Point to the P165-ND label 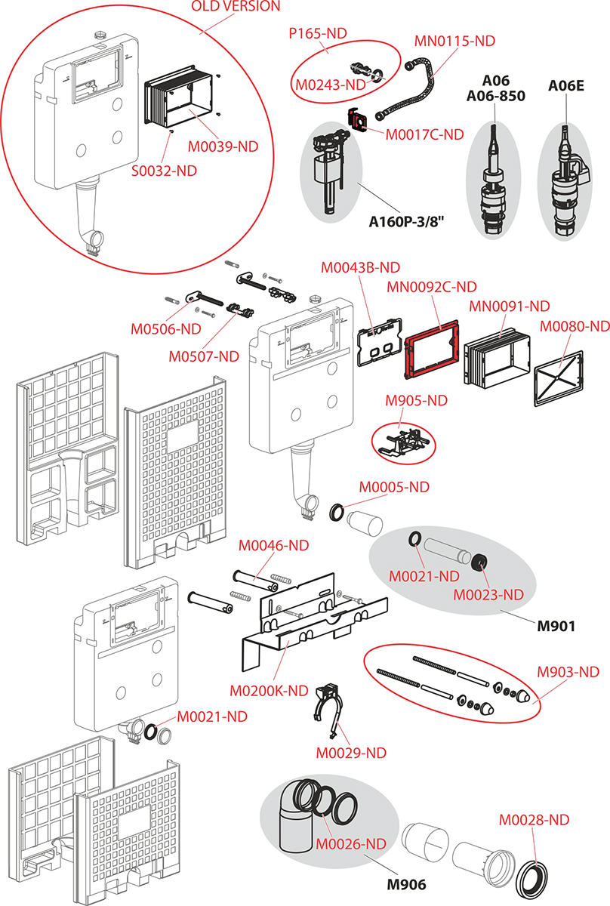(318, 34)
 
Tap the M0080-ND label (575, 326)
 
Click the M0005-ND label (394, 488)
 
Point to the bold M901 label (556, 626)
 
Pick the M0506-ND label (166, 329)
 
